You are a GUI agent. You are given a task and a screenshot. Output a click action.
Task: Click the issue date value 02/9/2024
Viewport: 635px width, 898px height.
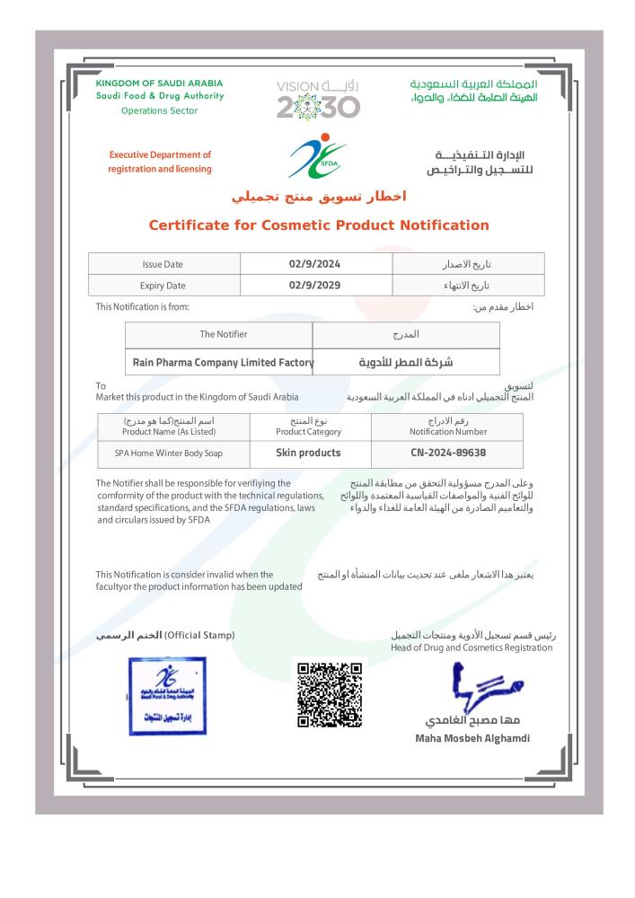(x=316, y=264)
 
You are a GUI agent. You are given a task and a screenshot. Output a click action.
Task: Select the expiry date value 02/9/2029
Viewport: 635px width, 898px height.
(x=316, y=286)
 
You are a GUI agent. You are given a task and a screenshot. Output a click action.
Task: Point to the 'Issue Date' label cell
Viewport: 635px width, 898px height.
(x=163, y=264)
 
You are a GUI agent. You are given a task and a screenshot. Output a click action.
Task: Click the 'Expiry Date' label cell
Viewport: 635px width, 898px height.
(x=163, y=286)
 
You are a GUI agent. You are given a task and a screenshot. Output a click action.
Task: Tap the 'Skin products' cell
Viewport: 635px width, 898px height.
(x=300, y=453)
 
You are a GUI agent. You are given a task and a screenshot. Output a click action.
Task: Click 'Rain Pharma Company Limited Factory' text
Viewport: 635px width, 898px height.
(x=223, y=363)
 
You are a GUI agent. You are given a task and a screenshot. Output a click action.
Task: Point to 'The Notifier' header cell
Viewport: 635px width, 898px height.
(x=223, y=334)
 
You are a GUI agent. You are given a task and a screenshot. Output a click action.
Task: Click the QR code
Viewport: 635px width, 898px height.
(x=329, y=695)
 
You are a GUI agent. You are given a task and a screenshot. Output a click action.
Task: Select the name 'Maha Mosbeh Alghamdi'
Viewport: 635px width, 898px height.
(x=472, y=738)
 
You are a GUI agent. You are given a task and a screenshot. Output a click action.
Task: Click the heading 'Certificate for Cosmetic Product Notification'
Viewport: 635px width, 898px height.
(x=318, y=225)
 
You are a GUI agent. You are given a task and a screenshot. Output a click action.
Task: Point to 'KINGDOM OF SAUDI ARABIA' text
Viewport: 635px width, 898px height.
(x=159, y=84)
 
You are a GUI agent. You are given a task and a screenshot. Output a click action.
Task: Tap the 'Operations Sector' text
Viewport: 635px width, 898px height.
(x=159, y=110)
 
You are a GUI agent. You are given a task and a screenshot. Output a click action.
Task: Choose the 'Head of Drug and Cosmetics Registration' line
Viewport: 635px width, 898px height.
(x=472, y=647)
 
